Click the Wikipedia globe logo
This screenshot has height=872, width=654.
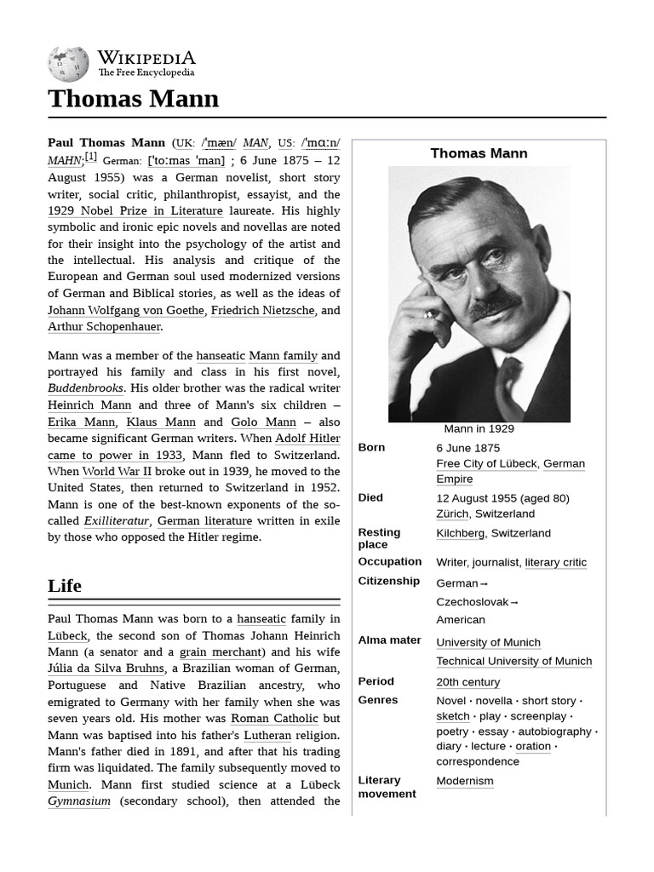(68, 64)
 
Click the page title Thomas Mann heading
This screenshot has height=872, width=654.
(133, 99)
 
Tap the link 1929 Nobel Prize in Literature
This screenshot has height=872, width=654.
(135, 211)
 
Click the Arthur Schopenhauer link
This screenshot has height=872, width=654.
(104, 327)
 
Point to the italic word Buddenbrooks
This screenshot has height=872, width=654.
(85, 388)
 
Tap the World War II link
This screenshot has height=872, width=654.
(117, 471)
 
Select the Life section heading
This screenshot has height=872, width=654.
(65, 586)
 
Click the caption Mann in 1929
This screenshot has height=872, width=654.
(479, 429)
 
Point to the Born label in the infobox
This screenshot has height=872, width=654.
(371, 448)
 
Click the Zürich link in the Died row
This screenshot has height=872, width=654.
(452, 514)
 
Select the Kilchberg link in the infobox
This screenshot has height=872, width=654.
(460, 533)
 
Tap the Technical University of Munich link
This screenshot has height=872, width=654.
(513, 662)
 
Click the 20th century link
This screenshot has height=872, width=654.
(468, 682)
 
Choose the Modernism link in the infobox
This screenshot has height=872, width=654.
(464, 781)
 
